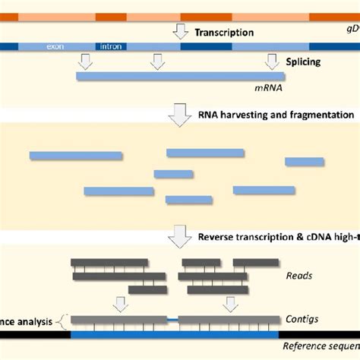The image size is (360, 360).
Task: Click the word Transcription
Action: (x=225, y=33)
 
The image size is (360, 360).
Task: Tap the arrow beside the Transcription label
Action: (x=180, y=31)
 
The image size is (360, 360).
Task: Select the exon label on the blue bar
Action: (x=56, y=47)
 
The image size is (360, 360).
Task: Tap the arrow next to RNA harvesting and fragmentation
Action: (x=180, y=115)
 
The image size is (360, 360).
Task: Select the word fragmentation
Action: (x=318, y=115)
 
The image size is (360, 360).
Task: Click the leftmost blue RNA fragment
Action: (x=75, y=156)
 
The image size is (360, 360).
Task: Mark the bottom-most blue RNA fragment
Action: (x=188, y=201)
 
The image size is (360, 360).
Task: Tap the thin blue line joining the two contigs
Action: (x=172, y=321)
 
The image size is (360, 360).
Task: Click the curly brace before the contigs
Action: (x=63, y=321)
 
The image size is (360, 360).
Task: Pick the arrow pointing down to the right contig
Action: (x=229, y=305)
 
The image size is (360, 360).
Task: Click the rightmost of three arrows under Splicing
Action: (x=270, y=62)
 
